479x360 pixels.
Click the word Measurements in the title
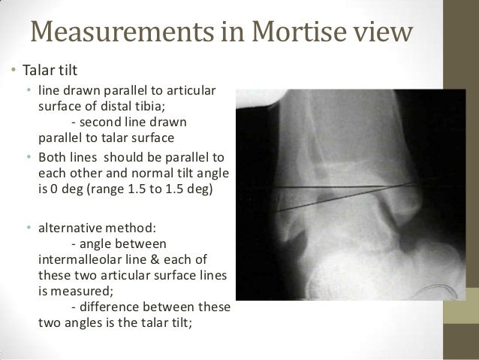click(106, 33)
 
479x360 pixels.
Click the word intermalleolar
click(83, 259)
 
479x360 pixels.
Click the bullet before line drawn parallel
click(29, 91)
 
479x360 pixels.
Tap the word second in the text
click(101, 123)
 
